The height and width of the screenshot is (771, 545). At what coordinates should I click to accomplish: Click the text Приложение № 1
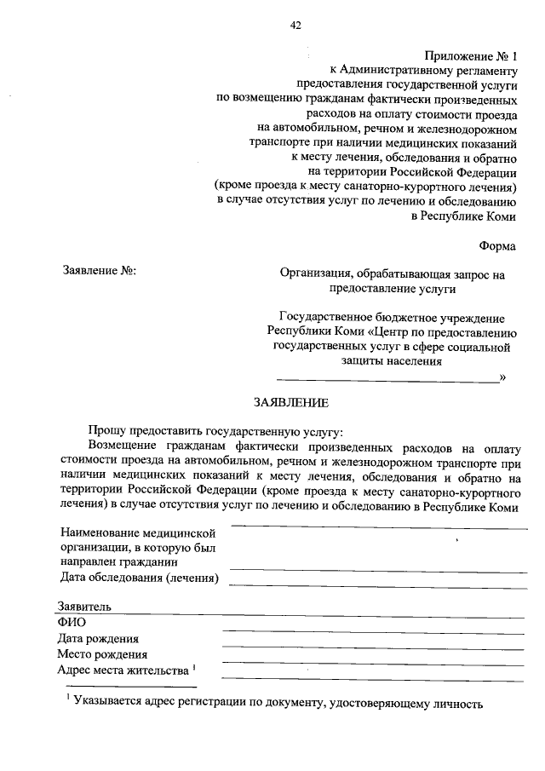(x=471, y=55)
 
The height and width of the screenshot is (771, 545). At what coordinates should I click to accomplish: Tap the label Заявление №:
(x=100, y=272)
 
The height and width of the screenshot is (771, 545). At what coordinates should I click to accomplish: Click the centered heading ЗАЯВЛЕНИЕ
(x=290, y=401)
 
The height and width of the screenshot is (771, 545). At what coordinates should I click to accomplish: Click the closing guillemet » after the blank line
(x=502, y=377)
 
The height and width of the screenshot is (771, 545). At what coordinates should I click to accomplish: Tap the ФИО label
(x=72, y=622)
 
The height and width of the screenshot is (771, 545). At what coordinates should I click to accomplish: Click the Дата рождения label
(x=98, y=638)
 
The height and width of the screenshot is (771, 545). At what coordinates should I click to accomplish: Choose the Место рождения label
(x=102, y=654)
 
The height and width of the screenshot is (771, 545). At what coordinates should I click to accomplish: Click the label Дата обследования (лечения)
(x=140, y=578)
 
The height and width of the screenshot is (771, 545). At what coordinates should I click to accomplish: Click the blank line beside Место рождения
(x=372, y=662)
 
